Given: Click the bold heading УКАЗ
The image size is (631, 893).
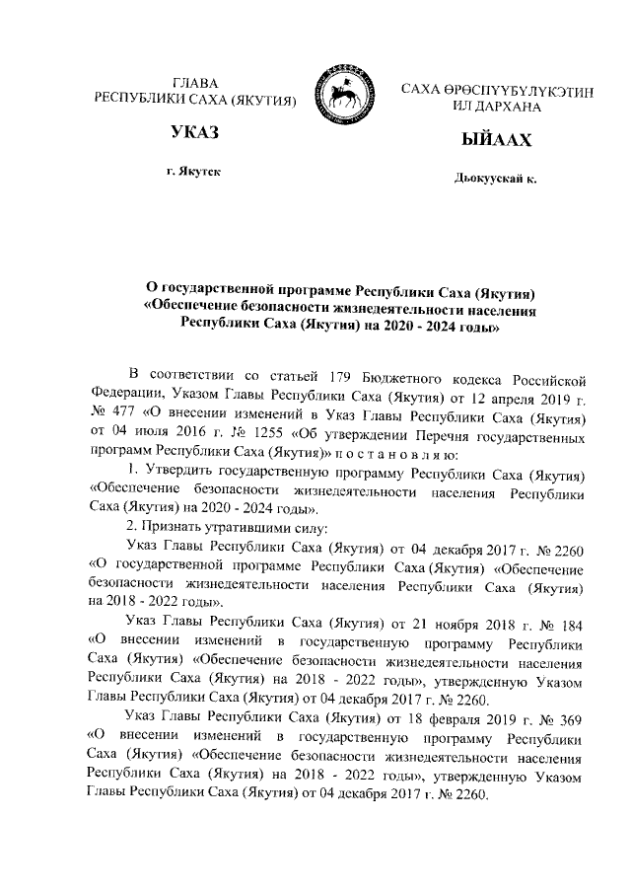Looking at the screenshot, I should pos(192,132).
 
